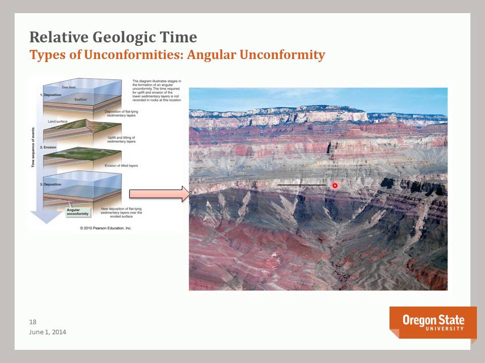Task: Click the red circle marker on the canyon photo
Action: click(x=334, y=186)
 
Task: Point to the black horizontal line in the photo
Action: click(x=302, y=185)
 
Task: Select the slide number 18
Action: click(x=33, y=322)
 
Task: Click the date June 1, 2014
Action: click(x=47, y=332)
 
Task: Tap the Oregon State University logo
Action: click(x=433, y=323)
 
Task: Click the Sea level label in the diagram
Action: click(x=69, y=87)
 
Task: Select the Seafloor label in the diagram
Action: click(x=81, y=100)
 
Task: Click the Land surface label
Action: click(x=58, y=121)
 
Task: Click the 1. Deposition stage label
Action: click(x=52, y=95)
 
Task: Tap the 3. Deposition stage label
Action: click(x=52, y=185)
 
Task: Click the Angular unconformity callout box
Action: click(x=78, y=212)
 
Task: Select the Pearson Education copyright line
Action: click(x=106, y=228)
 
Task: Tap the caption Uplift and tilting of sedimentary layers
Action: click(x=121, y=140)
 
